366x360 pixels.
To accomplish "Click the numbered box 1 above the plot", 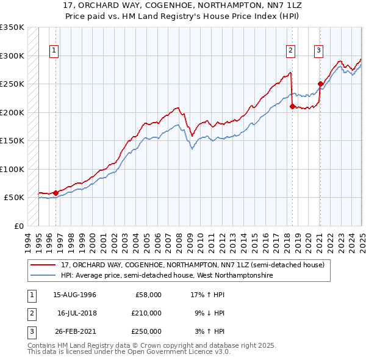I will click(x=54, y=51).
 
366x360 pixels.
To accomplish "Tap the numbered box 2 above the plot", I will click(x=290, y=51).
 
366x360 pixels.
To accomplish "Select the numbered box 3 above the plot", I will click(x=319, y=51).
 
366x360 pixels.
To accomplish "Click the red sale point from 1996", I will click(x=56, y=193).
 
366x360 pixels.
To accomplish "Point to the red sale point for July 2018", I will click(x=292, y=106).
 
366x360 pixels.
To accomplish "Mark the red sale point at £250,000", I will click(x=320, y=84).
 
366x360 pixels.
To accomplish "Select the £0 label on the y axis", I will click(x=18, y=226).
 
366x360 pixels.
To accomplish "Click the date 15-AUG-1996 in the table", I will click(x=74, y=295).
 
